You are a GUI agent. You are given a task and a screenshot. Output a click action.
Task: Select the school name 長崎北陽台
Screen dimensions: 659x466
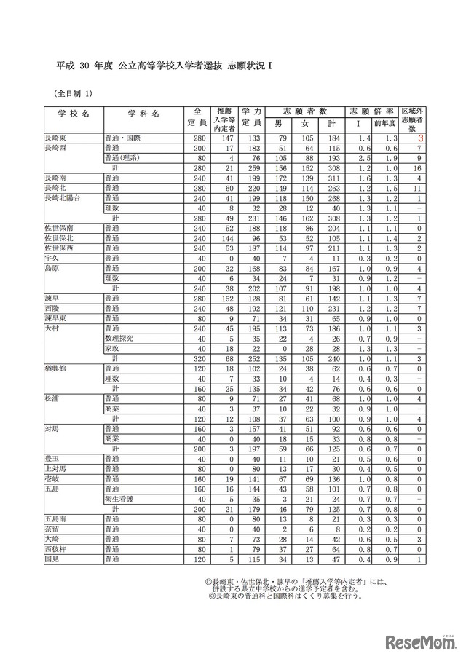click(63, 197)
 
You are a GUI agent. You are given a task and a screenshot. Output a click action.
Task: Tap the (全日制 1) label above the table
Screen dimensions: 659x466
click(74, 93)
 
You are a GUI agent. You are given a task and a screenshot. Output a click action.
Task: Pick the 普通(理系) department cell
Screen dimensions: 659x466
click(122, 157)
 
